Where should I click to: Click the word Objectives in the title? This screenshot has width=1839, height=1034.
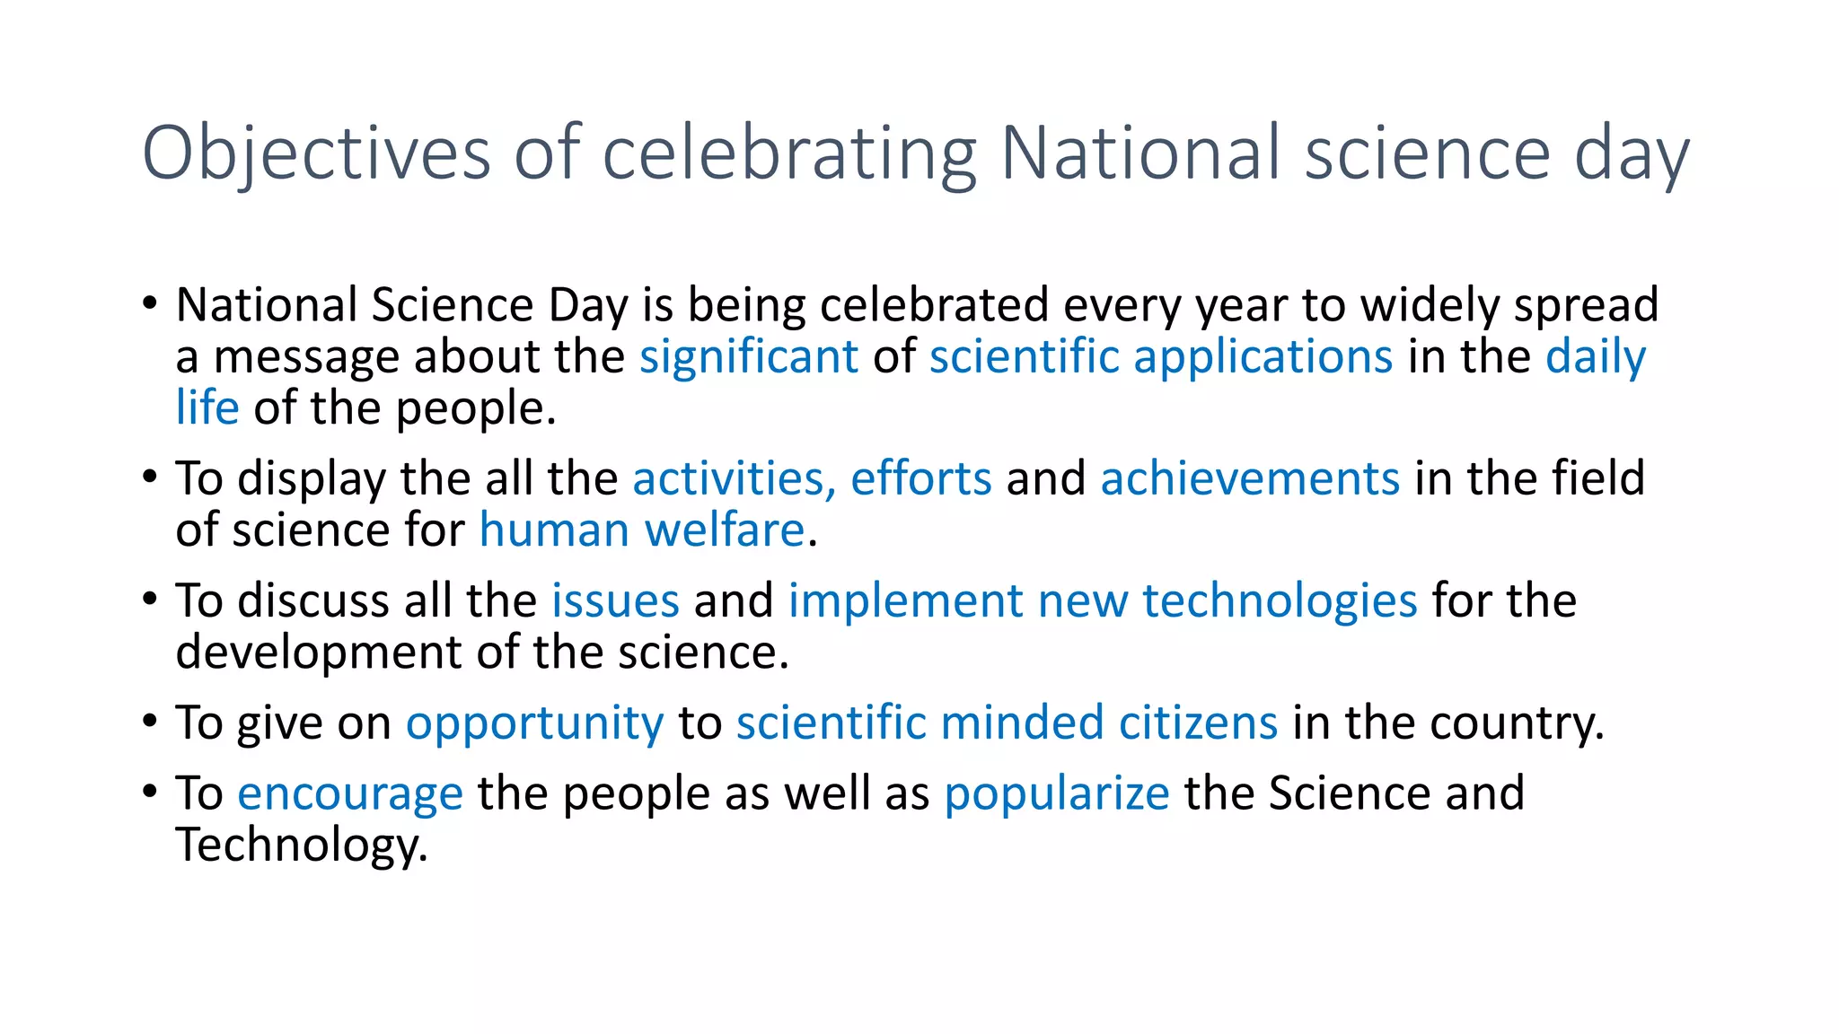[x=316, y=154]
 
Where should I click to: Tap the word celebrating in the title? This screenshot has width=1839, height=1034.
[x=788, y=154]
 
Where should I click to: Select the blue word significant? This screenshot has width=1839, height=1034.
[x=748, y=357]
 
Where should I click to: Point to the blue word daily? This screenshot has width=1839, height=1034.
[x=1595, y=357]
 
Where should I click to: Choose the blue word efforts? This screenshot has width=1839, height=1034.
[x=920, y=478]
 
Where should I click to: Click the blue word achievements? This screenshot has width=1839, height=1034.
[x=1249, y=478]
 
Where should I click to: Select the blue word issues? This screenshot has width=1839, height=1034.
[x=614, y=600]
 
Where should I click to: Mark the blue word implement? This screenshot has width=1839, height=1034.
[x=905, y=600]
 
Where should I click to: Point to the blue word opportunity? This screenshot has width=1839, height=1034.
[x=534, y=723]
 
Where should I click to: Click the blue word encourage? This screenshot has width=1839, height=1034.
[x=349, y=793]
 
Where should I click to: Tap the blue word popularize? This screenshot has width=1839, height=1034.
[x=1056, y=793]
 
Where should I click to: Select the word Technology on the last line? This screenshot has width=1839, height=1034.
[x=300, y=846]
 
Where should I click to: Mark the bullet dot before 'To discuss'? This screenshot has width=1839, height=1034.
[x=150, y=600]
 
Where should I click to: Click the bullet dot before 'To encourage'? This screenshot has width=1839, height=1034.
[x=150, y=792]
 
